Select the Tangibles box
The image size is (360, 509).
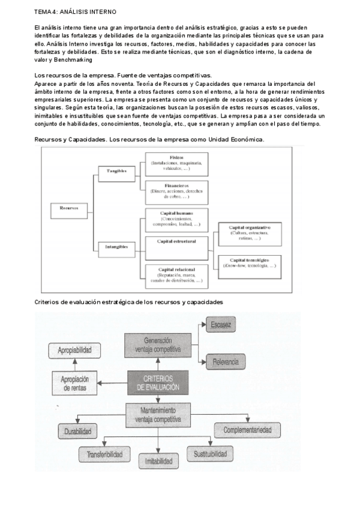click(116, 170)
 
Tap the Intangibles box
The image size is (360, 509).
click(116, 246)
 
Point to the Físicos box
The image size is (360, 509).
click(176, 162)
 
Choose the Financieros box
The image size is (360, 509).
click(176, 190)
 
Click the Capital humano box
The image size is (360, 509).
click(176, 218)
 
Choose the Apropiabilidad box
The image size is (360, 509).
click(75, 350)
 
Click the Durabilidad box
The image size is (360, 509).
click(79, 431)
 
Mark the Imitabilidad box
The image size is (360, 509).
click(158, 461)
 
